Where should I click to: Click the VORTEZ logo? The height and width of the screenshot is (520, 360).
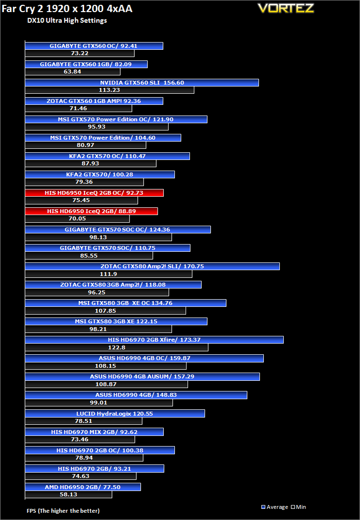click(286, 8)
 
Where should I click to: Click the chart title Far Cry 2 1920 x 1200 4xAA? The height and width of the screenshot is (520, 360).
click(67, 9)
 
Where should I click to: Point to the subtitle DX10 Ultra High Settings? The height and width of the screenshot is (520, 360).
click(67, 21)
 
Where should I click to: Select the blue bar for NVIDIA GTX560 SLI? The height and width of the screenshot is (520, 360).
click(142, 83)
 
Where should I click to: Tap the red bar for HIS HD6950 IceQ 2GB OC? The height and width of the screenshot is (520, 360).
click(95, 193)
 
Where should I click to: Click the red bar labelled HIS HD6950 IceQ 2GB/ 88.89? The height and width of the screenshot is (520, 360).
click(91, 211)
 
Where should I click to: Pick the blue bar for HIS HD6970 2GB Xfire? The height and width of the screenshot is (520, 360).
click(154, 340)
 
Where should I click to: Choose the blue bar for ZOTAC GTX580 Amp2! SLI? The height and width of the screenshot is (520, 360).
click(152, 266)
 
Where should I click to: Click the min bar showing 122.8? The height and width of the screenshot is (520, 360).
click(116, 347)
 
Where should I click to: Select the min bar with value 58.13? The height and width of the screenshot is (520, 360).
click(69, 494)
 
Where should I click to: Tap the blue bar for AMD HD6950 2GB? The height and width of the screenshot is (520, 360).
click(83, 487)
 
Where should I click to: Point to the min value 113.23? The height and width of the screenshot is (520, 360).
click(109, 90)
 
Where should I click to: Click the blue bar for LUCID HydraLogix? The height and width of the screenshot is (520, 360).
click(115, 413)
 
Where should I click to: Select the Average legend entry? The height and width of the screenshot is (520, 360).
click(275, 507)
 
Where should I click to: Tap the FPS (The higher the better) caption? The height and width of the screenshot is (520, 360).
click(63, 510)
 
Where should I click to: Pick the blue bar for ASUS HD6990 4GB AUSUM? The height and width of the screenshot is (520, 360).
click(143, 376)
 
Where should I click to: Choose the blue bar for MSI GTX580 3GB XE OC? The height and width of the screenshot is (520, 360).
click(126, 303)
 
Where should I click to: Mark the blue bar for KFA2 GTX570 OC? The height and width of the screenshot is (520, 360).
click(107, 156)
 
